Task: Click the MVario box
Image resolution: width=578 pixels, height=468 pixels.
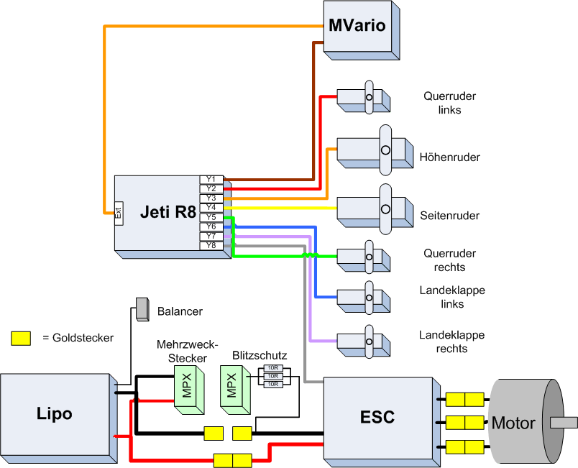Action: [357, 27]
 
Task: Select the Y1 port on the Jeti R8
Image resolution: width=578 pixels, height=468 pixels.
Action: [211, 179]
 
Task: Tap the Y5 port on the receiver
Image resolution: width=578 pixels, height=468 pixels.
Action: [211, 216]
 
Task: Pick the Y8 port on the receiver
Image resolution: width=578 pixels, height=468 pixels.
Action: [211, 245]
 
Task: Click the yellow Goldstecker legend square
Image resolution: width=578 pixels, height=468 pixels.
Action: [21, 337]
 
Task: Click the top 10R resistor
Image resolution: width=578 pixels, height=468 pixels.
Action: [272, 368]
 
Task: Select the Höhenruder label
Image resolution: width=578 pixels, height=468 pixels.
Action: [449, 157]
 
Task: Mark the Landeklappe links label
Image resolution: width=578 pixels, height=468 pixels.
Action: [451, 297]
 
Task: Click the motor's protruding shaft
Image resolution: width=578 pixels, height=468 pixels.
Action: [563, 423]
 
